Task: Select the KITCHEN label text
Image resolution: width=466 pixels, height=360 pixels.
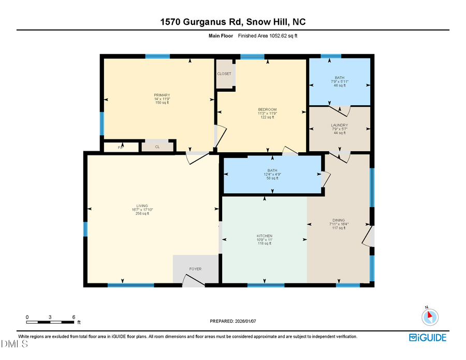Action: (265, 236)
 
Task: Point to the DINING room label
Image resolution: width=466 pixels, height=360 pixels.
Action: (339, 220)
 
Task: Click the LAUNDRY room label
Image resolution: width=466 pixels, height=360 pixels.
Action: (339, 125)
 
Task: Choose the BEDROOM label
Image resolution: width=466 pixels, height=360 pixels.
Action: (267, 110)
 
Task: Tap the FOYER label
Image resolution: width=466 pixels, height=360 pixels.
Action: (195, 269)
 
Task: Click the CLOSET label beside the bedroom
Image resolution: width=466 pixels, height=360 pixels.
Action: (224, 74)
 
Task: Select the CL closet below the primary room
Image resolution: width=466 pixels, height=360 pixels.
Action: (157, 147)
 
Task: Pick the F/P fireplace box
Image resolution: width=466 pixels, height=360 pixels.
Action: (121, 148)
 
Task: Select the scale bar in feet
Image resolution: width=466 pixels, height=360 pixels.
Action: (50, 322)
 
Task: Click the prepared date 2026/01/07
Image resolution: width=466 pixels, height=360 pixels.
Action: (233, 321)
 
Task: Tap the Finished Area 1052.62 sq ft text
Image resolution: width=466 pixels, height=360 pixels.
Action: (268, 36)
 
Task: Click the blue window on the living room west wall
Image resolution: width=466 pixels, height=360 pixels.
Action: (85, 228)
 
